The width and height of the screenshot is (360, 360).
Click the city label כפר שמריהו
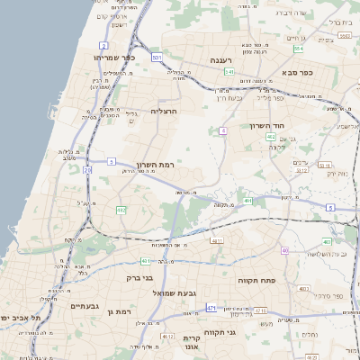[112, 57]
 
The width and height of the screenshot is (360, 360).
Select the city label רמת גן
[117, 311]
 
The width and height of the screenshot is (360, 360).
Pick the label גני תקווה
[246, 333]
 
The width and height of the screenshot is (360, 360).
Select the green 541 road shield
[229, 71]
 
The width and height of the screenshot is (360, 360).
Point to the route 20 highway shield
[86, 169]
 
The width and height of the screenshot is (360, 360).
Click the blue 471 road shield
[211, 308]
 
